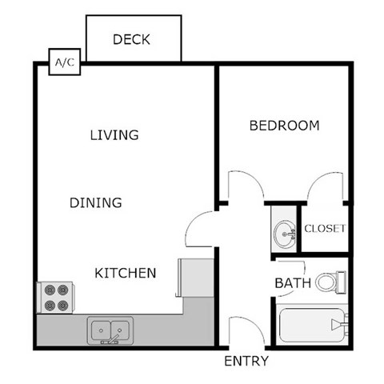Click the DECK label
(x=132, y=39)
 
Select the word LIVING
(x=114, y=134)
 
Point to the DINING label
(x=95, y=202)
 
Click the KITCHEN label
(x=126, y=273)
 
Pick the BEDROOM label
(x=284, y=126)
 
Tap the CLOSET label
(x=325, y=228)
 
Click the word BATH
(x=293, y=283)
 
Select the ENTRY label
(x=246, y=362)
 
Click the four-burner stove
(x=55, y=298)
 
